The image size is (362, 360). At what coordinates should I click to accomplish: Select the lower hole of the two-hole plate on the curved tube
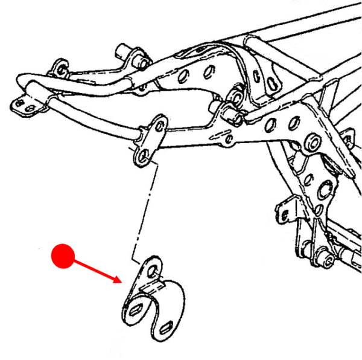[x=142, y=158]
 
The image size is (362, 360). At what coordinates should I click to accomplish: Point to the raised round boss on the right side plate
[x=314, y=143]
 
